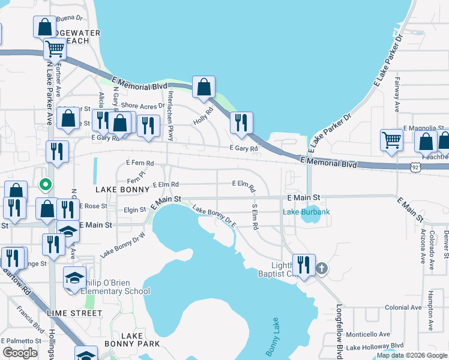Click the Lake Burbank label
pyautogui.click(x=306, y=212)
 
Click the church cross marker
pyautogui.click(x=322, y=268)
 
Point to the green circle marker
pyautogui.click(x=44, y=184)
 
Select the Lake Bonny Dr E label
pyautogui.click(x=214, y=217)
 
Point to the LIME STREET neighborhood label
pyautogui.click(x=74, y=313)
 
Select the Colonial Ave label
pyautogui.click(x=403, y=307)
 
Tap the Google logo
pyautogui.click(x=20, y=353)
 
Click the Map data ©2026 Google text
pyautogui.click(x=411, y=355)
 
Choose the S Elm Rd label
pyautogui.click(x=255, y=217)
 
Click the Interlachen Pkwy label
pyautogui.click(x=170, y=115)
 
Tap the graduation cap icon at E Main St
pyautogui.click(x=68, y=232)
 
